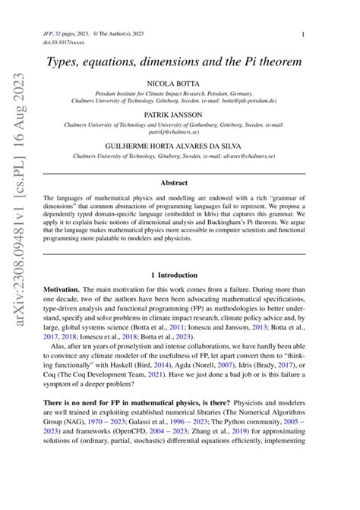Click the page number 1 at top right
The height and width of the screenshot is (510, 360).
point(304,34)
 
